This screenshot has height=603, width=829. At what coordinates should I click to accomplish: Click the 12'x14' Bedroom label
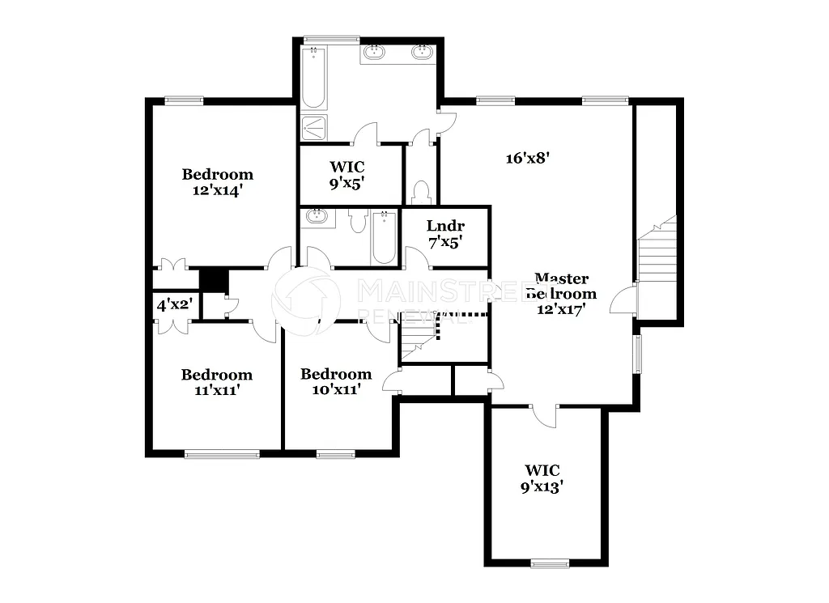coord(217,182)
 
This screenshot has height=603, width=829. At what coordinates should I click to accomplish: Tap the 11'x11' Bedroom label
coord(216,382)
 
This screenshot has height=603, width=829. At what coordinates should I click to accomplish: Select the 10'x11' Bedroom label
coord(335,381)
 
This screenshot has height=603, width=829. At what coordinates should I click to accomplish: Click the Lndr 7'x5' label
coord(445,233)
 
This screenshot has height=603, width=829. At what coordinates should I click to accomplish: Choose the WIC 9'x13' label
coord(542,478)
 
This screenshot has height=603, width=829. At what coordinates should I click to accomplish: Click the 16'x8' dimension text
coord(528,159)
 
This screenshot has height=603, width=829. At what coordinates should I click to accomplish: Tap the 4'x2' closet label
coord(172,306)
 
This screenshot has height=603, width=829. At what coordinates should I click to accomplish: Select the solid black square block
coord(214,279)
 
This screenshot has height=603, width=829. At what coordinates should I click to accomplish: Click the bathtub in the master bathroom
coord(313,78)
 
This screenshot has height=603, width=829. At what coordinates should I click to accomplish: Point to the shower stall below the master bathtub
coord(315,128)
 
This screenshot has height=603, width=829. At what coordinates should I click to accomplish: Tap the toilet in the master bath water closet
coord(420,193)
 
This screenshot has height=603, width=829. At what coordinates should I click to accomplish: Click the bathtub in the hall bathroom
coord(384,237)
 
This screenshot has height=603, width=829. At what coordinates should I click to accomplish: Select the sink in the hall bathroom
coord(317,217)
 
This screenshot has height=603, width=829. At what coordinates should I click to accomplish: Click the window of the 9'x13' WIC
coord(551,563)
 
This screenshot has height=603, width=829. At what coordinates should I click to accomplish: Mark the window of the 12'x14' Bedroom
coord(184,100)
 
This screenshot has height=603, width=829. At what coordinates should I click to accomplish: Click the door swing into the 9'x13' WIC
coord(545,414)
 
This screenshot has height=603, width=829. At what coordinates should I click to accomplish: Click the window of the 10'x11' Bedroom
coord(336,453)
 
